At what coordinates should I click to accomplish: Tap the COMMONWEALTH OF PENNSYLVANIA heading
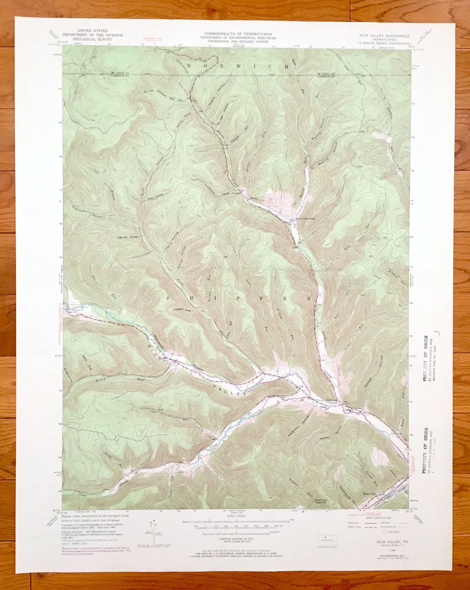pyautogui.click(x=238, y=34)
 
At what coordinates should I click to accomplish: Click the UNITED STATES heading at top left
pyautogui.click(x=93, y=31)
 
